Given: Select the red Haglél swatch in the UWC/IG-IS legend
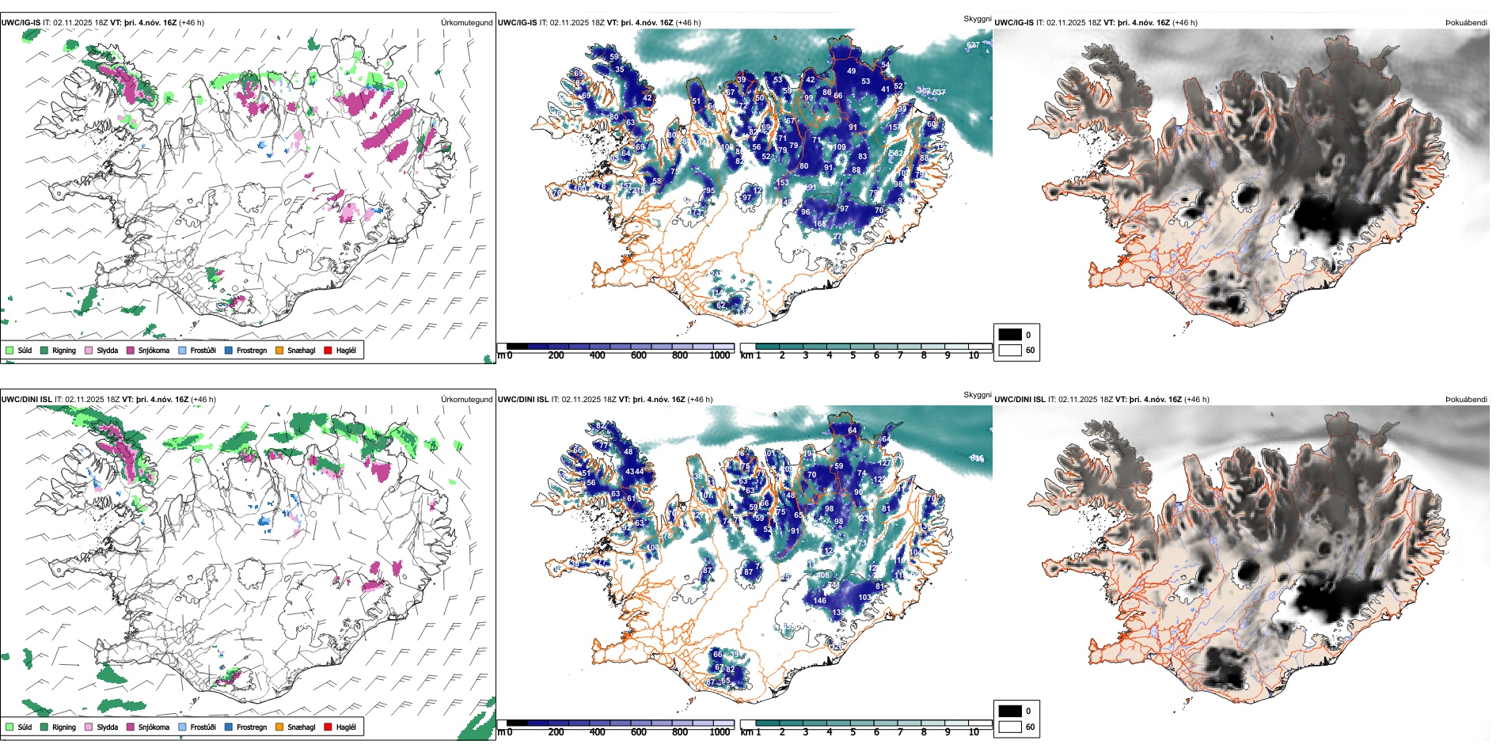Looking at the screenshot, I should click(x=328, y=350).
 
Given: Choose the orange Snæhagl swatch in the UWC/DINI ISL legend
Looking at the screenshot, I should click(x=279, y=727).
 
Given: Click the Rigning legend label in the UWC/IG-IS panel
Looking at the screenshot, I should click(x=64, y=350).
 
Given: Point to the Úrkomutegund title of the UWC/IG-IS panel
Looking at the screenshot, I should click(x=466, y=23).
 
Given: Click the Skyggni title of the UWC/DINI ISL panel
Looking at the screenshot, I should click(x=977, y=394).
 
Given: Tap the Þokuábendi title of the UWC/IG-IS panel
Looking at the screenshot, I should click(x=1466, y=23).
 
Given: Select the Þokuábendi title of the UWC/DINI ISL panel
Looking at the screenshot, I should click(x=1466, y=400).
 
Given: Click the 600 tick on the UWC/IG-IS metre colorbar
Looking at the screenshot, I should click(x=638, y=355).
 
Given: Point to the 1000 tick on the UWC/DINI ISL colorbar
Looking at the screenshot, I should click(x=720, y=732).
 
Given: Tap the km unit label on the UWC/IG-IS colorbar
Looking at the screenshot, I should click(x=746, y=355).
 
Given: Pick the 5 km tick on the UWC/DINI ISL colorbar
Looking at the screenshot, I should click(x=853, y=732).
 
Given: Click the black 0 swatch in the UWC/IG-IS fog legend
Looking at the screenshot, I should click(x=1010, y=335).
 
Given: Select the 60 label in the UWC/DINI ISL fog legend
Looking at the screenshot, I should click(x=1030, y=727).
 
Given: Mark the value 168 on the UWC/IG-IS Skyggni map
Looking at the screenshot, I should click(x=820, y=224).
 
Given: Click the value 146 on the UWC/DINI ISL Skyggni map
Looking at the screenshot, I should click(x=820, y=601).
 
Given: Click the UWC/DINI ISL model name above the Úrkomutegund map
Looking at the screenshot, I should click(x=26, y=400).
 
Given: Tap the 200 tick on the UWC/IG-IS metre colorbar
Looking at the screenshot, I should click(x=556, y=355).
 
